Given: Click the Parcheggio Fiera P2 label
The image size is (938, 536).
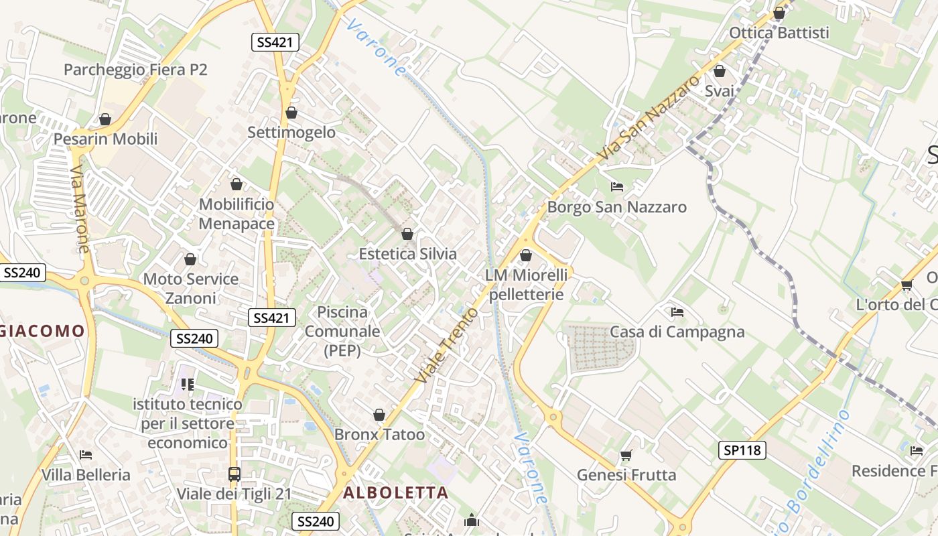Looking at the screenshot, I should coord(135,70).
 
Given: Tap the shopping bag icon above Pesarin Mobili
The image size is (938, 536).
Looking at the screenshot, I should coord(105,120).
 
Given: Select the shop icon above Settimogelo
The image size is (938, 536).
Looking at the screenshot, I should coord(291,113).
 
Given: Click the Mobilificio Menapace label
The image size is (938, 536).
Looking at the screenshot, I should coord(237,214).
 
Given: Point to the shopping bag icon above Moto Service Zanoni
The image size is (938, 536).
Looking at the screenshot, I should coord(190,259).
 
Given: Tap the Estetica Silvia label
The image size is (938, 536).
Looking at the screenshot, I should coord(407,254).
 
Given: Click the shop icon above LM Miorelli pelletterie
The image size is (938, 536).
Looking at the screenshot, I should coord(526,255).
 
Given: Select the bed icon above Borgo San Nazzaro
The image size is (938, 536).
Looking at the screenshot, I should coord(617,187).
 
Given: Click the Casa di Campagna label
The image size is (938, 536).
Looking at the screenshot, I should coord(677,332).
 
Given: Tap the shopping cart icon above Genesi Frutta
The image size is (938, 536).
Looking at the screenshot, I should coord(626,456).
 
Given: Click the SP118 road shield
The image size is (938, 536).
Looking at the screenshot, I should coord(743,450).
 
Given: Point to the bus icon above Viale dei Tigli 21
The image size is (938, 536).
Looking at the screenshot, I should coord(234,474).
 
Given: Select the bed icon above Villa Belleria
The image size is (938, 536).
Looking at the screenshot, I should coord(86,455).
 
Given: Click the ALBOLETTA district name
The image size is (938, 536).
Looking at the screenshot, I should coord(395,493).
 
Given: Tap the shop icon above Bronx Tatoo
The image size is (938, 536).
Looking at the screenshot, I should coord(379,415).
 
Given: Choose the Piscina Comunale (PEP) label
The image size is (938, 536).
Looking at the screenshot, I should coord(342,331).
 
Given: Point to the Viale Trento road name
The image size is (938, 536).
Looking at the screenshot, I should coord(447,346).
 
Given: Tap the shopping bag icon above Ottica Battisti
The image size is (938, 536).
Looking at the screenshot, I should coord(779,13).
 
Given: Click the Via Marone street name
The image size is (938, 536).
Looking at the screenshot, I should coord(79,210).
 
